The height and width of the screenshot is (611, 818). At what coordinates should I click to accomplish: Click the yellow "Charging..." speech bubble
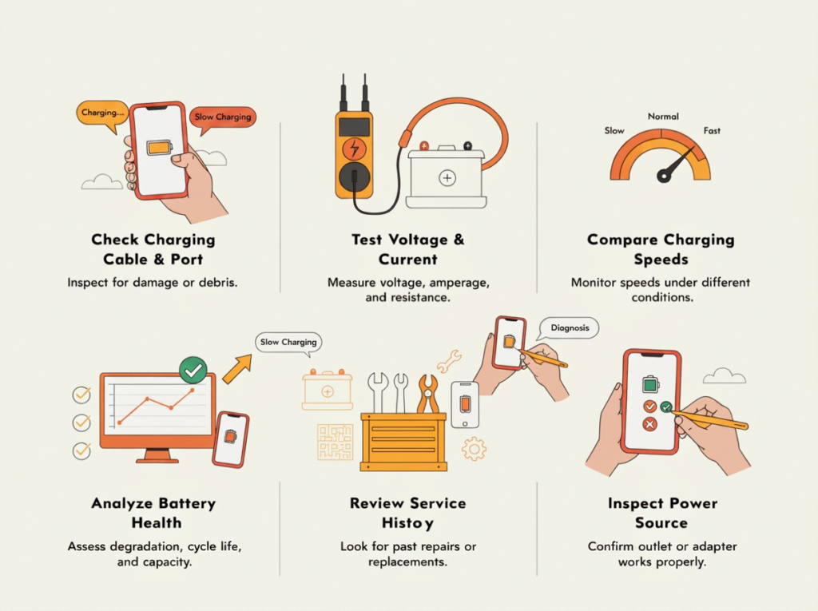(101, 113)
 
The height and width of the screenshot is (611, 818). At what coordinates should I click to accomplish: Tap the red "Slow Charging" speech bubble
(223, 118)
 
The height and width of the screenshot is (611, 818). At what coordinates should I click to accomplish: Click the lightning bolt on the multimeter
(354, 149)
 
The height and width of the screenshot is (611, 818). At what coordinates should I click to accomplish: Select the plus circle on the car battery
(447, 178)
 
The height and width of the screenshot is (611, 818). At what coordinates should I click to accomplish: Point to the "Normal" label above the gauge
(663, 117)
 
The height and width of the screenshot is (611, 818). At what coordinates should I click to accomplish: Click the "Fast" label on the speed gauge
(712, 130)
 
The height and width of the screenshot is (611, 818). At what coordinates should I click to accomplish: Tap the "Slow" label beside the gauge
(614, 130)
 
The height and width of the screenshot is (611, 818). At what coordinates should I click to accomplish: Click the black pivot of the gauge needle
(664, 177)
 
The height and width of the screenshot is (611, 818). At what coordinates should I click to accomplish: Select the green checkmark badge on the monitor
(193, 371)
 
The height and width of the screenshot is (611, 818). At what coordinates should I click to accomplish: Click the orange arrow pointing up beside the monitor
(237, 369)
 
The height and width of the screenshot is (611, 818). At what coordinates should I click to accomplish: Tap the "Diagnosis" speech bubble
(569, 328)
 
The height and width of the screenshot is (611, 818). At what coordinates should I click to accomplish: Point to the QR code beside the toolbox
(336, 442)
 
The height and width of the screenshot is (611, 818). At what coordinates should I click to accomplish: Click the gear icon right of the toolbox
(474, 449)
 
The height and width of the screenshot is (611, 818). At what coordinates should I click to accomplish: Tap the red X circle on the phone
(649, 424)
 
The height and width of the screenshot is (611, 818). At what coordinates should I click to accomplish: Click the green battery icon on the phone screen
(650, 384)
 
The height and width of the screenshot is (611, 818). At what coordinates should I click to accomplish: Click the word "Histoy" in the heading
(407, 523)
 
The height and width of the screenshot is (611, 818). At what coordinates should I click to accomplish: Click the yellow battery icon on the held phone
(159, 148)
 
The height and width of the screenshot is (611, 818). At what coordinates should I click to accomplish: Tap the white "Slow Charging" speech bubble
(288, 343)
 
